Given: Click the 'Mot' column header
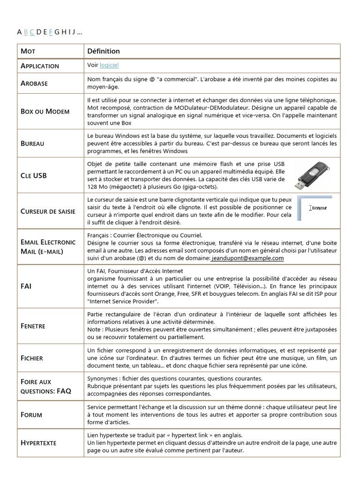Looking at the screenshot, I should click(x=28, y=51).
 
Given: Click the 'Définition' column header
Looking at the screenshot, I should click(x=104, y=51).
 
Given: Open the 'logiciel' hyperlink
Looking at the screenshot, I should click(x=109, y=66).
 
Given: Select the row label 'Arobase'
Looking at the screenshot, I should click(x=34, y=83).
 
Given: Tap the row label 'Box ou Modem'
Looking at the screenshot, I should click(x=45, y=112).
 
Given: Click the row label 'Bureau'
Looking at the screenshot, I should click(x=32, y=143).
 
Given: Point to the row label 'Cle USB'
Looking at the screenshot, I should click(x=34, y=176).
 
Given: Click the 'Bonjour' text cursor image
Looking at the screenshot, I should click(x=315, y=208).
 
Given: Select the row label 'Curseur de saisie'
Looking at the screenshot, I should click(x=48, y=211).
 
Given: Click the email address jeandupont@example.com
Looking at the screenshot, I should click(x=247, y=258).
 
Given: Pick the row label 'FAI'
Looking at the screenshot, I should click(x=26, y=285).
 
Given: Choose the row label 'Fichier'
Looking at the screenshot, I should click(x=32, y=358).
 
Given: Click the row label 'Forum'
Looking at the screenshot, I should click(x=31, y=415).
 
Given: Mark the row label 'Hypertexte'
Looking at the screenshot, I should click(x=38, y=443).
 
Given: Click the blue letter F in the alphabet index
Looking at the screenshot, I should click(x=50, y=32).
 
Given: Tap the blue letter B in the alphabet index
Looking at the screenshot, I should click(x=26, y=32).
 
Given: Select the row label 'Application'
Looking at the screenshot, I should click(x=40, y=66).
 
